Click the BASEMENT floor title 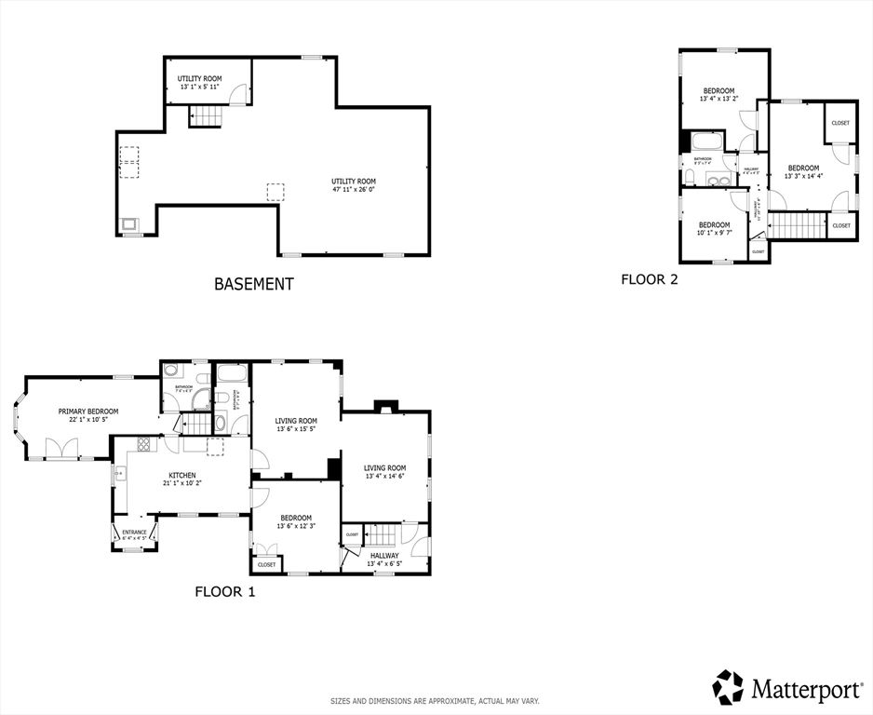[254, 284]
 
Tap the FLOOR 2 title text [649, 278]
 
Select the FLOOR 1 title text [224, 591]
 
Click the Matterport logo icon [729, 688]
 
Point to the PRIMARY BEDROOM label [88, 411]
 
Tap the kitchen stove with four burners [143, 444]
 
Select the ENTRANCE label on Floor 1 [134, 532]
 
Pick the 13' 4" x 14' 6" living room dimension [384, 477]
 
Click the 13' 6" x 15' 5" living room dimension [295, 429]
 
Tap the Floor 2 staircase [797, 225]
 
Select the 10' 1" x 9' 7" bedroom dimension [714, 233]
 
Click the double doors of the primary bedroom [61, 450]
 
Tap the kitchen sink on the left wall [119, 474]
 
